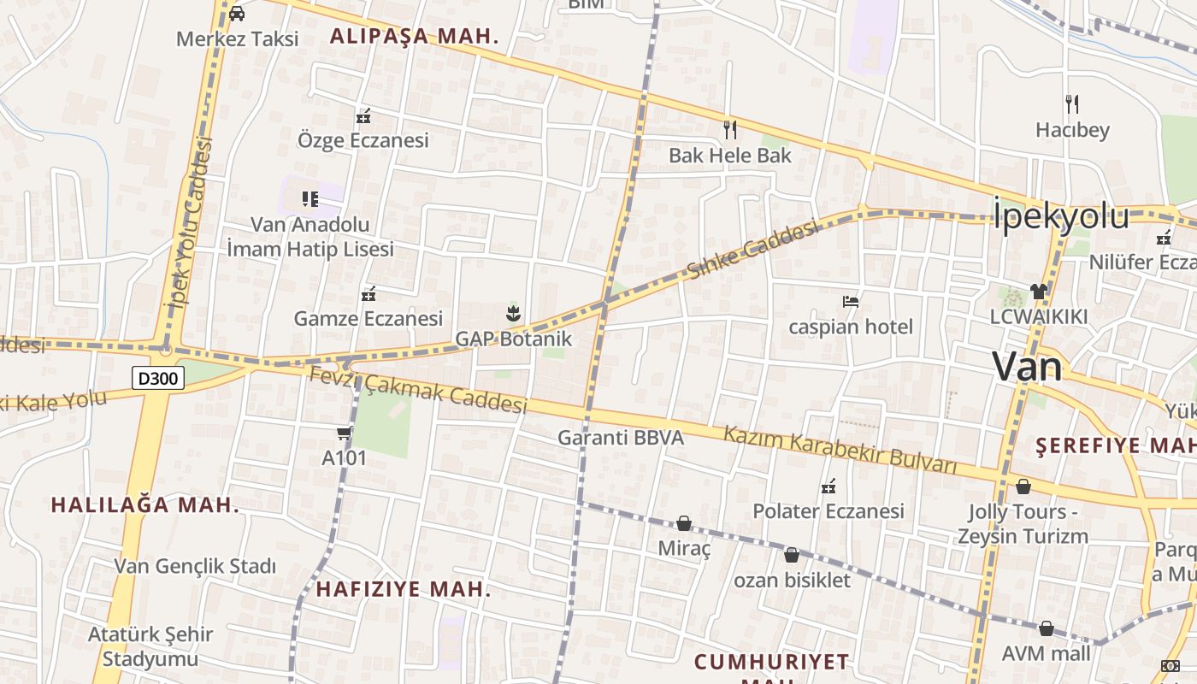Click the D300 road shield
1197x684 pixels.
click(159, 378)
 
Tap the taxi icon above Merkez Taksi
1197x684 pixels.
click(237, 13)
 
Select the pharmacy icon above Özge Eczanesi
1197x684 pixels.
click(363, 115)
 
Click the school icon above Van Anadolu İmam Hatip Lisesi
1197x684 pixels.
click(310, 199)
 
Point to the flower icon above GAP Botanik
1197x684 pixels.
click(513, 313)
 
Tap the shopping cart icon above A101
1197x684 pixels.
click(344, 433)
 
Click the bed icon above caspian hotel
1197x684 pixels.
click(851, 302)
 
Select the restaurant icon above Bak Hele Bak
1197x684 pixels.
click(729, 129)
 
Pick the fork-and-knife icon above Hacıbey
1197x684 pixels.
click(1072, 104)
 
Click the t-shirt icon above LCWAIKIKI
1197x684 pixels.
click(1039, 291)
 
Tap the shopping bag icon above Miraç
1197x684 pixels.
click(684, 523)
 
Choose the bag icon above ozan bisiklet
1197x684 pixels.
click(792, 555)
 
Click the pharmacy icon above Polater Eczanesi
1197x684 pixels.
click(828, 486)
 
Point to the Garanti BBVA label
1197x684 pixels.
click(621, 438)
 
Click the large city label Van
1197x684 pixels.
click(1027, 367)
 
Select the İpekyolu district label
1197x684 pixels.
click(1060, 215)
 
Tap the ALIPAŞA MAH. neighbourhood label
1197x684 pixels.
click(414, 37)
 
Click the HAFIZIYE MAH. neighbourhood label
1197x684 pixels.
click(404, 589)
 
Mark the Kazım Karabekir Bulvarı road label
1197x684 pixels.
click(840, 449)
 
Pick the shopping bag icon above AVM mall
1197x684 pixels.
click(1047, 629)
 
